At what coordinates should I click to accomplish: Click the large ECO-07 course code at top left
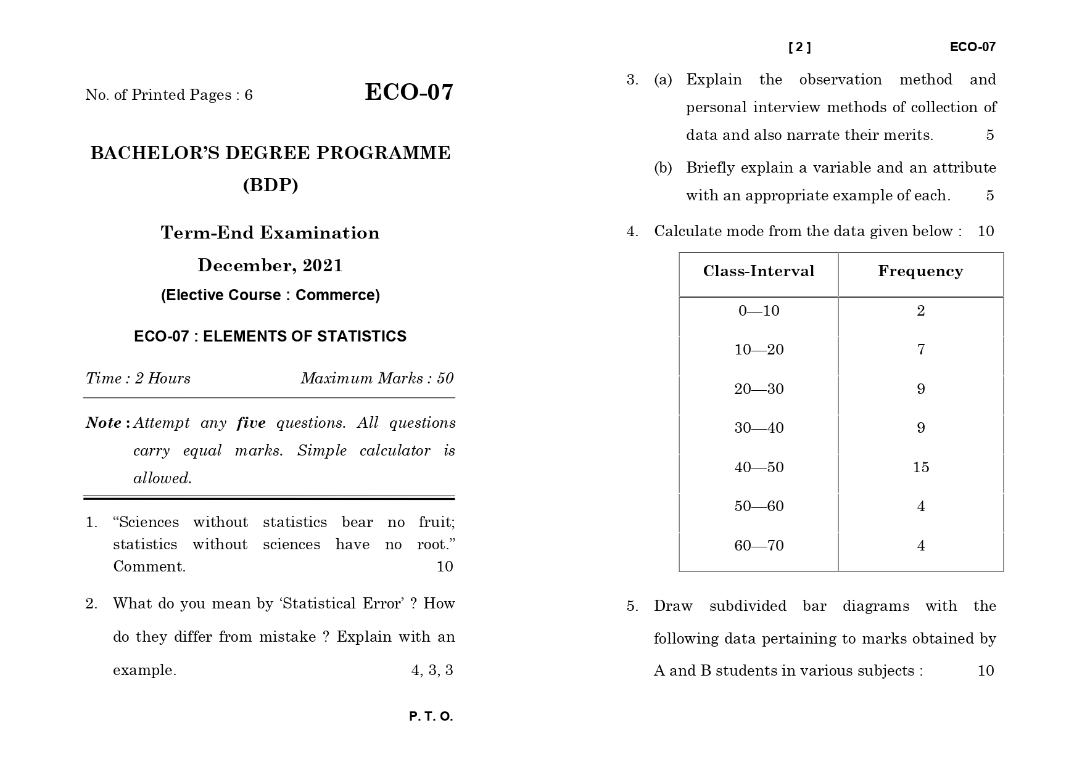tap(409, 92)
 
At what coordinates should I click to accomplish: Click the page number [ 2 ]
tap(799, 47)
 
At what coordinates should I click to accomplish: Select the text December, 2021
tap(270, 266)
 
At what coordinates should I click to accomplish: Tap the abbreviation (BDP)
tap(270, 185)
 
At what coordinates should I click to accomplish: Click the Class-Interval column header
tap(758, 271)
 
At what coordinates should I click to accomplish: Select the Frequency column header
tap(920, 271)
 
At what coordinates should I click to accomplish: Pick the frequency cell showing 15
tap(920, 467)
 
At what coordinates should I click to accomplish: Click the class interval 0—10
tap(758, 311)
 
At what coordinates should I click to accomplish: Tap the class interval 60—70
tap(758, 546)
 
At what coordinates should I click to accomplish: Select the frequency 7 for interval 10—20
tap(920, 350)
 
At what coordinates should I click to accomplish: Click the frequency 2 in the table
tap(920, 311)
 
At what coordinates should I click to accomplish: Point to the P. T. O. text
tap(431, 716)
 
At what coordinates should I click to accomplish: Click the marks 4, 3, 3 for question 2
tap(432, 670)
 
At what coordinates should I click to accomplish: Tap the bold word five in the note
tap(251, 423)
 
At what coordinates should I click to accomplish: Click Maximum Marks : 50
tap(377, 378)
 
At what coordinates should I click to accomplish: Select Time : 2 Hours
tap(138, 378)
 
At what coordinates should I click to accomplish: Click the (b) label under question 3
tap(663, 168)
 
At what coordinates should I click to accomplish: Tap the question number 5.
tap(632, 606)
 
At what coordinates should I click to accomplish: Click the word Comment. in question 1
tap(149, 567)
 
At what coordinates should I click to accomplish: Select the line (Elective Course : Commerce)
tap(270, 295)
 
